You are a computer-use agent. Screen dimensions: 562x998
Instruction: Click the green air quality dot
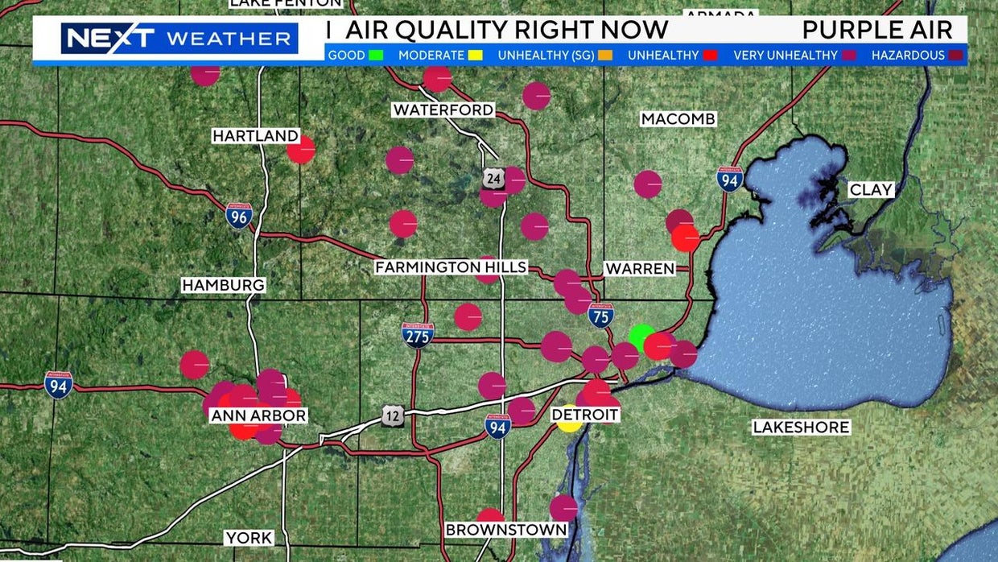click(641, 337)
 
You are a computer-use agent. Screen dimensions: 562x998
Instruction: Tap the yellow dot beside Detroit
click(569, 419)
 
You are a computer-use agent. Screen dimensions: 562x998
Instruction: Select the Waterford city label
click(443, 110)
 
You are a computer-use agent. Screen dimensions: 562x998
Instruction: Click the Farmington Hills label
click(451, 267)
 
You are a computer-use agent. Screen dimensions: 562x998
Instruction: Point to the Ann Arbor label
click(258, 416)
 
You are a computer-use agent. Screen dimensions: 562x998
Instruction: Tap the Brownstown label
click(506, 530)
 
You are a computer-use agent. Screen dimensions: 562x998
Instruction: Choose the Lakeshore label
click(801, 428)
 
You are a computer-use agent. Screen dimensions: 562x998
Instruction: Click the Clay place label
click(872, 190)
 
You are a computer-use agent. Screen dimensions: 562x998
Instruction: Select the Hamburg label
click(223, 285)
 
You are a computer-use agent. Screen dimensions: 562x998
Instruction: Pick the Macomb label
click(678, 119)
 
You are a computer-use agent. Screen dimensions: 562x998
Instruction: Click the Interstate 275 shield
click(418, 334)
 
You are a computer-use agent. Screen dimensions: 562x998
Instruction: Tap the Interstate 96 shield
click(239, 215)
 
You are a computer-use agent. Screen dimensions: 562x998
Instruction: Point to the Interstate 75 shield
click(600, 315)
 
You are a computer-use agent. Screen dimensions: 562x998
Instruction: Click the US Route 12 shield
click(393, 415)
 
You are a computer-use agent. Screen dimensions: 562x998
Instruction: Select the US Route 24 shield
click(493, 179)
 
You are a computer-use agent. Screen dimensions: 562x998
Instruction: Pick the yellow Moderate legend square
click(475, 56)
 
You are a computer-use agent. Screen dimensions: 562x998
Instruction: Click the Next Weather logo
click(179, 38)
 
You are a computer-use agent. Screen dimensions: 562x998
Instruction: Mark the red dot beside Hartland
click(301, 150)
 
